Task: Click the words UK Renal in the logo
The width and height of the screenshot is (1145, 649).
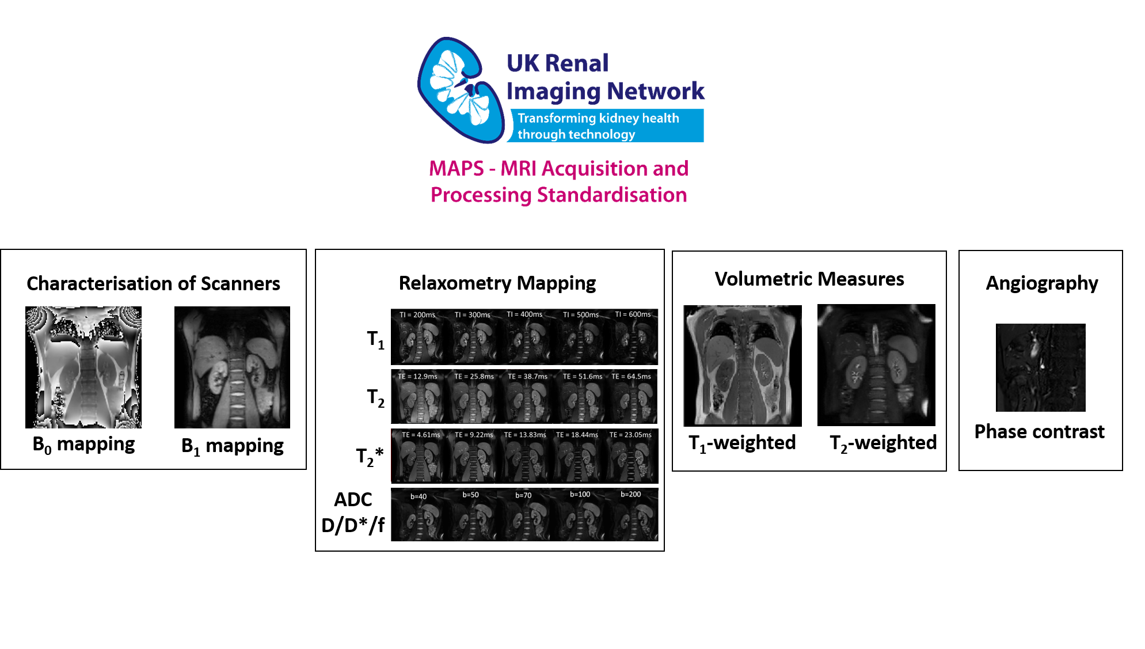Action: click(x=557, y=63)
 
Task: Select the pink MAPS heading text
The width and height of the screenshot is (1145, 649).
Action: click(x=558, y=181)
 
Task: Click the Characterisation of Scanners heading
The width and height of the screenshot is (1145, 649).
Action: click(x=153, y=283)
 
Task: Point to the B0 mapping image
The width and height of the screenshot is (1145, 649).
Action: click(x=83, y=367)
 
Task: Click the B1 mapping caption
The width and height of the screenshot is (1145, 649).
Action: click(x=232, y=446)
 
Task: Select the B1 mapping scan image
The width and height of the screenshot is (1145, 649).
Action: click(x=232, y=367)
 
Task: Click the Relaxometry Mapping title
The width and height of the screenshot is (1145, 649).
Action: click(x=497, y=283)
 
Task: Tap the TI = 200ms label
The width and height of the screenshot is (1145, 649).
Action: click(x=417, y=315)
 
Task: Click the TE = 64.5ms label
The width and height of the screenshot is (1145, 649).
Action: click(x=631, y=377)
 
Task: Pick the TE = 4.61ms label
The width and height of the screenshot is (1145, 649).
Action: click(x=421, y=435)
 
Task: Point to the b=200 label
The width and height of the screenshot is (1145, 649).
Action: click(x=630, y=494)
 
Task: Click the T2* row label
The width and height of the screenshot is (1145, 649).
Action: click(x=369, y=456)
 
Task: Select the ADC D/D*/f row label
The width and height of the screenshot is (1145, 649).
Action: click(x=353, y=512)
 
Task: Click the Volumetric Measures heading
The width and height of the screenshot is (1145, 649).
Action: click(x=809, y=279)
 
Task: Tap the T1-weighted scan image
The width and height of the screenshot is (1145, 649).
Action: click(x=743, y=365)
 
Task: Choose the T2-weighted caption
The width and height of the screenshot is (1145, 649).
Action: click(x=882, y=443)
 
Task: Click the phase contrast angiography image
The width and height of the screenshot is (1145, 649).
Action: click(x=1040, y=367)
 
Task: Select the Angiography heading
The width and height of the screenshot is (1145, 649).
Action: click(x=1041, y=283)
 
